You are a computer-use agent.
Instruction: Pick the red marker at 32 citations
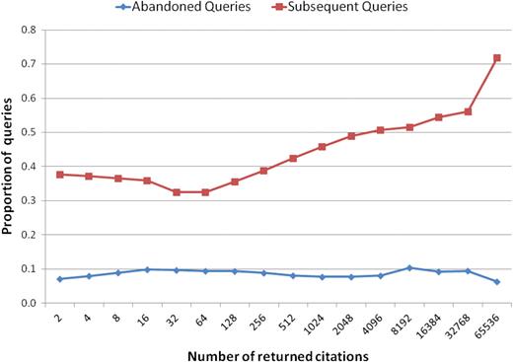tap(178, 192)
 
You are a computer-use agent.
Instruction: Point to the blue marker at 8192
tap(409, 268)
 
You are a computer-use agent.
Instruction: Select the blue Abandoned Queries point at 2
tap(61, 279)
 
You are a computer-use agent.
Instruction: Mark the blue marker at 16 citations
tap(148, 269)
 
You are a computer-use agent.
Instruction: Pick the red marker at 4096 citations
tap(381, 130)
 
